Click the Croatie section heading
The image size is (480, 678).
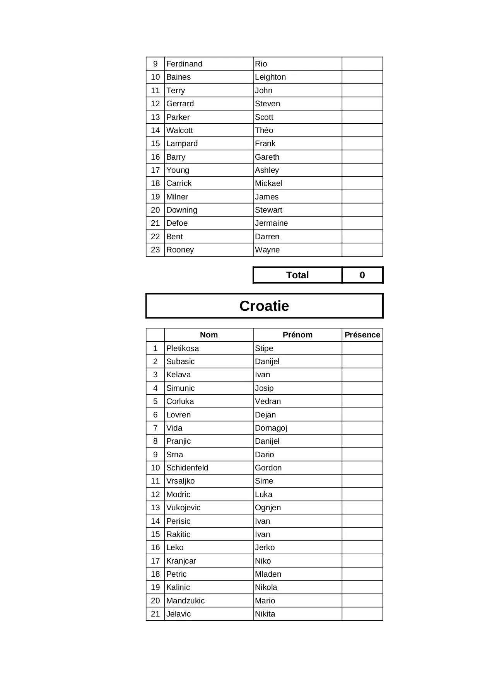coord(264,306)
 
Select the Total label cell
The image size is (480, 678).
coord(297,275)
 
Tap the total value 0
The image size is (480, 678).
coord(362,275)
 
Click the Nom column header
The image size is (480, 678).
coord(208,335)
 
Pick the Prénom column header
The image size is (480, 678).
coord(297,335)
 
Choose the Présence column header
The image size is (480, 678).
coord(362,335)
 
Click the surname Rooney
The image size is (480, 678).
coord(180,250)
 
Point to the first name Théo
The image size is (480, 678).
coord(264,130)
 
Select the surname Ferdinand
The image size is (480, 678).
coord(184,64)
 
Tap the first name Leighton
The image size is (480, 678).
coord(270,77)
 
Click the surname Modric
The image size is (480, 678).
coord(178,494)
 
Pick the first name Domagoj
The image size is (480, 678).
coord(271,428)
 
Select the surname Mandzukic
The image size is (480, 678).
coord(185,601)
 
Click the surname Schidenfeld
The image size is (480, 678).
coord(187,468)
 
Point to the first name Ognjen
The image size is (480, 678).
coord(268,508)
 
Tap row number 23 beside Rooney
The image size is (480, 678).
coord(155,250)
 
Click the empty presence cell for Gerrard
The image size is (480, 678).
coord(362,104)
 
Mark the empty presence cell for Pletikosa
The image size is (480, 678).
coord(362,348)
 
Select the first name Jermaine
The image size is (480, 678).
coord(271,223)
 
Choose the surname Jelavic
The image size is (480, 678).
coord(178,614)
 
